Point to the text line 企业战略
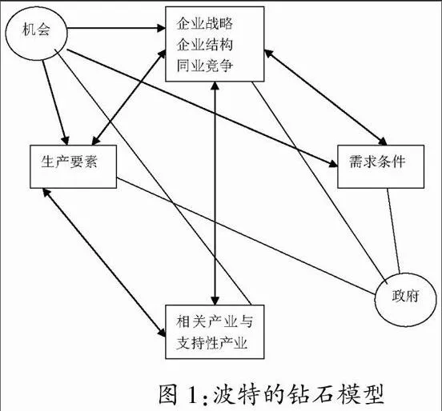(205, 23)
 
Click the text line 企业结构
(205, 45)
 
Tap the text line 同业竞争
(205, 66)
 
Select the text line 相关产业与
(215, 321)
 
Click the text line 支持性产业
(211, 343)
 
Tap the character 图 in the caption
(169, 394)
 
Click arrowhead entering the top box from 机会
(162, 28)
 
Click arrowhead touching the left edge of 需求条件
(333, 164)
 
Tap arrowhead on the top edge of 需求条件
(384, 141)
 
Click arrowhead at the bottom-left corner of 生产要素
(46, 193)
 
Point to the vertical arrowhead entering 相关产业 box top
(215, 301)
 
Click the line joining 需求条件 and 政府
(393, 231)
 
